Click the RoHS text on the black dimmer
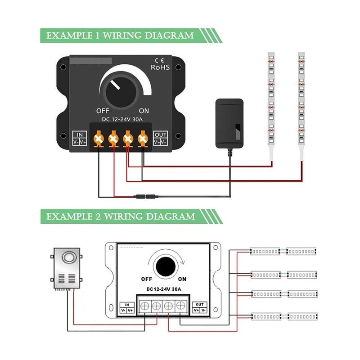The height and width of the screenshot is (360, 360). point(160,67)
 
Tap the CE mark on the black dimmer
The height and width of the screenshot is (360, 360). point(159,59)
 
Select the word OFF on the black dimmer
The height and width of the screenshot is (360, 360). point(103,111)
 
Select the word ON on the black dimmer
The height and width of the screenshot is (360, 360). point(144,111)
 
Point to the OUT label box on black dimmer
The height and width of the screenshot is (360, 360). point(160,138)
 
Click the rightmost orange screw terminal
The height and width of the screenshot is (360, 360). point(143,138)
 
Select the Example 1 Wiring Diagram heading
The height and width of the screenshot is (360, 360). point(121,36)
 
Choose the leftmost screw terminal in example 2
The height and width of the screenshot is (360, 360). point(144,306)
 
